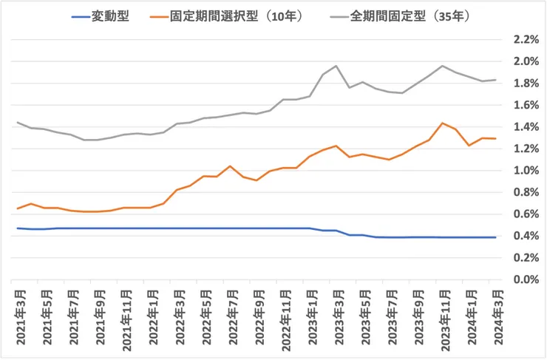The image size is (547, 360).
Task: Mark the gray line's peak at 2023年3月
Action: (336, 66)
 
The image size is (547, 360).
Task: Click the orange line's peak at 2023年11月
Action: (442, 123)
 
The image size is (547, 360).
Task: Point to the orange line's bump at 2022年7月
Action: (231, 166)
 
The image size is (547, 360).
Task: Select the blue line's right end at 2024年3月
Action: (495, 237)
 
